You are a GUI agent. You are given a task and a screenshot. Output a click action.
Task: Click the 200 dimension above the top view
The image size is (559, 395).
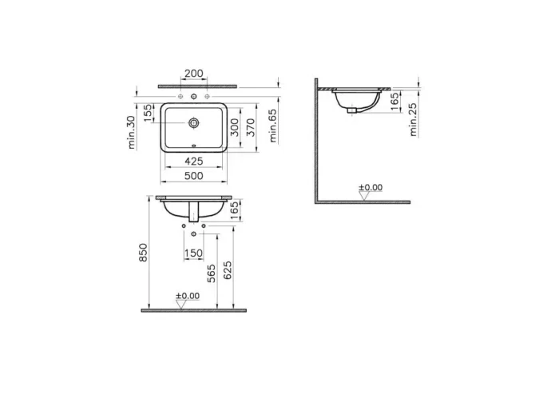click(x=193, y=74)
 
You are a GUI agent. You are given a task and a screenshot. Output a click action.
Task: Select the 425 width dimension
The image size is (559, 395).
click(x=193, y=161)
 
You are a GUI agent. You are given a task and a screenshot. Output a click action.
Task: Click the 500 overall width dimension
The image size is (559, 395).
click(x=193, y=176)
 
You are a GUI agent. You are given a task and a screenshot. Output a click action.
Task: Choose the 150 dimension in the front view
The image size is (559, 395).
click(x=193, y=253)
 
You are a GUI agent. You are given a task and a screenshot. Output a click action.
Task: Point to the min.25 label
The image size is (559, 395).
click(x=414, y=118)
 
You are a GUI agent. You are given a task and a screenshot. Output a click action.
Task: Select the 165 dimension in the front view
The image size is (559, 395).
click(x=234, y=210)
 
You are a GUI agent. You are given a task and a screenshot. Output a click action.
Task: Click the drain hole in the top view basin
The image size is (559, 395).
click(x=193, y=123)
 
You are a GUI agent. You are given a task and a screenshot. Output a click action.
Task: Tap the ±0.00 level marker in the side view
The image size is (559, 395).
click(x=370, y=189)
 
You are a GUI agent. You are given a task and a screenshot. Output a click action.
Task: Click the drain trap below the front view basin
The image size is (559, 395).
click(x=193, y=213)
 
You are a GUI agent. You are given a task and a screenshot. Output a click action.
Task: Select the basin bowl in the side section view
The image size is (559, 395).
click(x=355, y=100)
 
